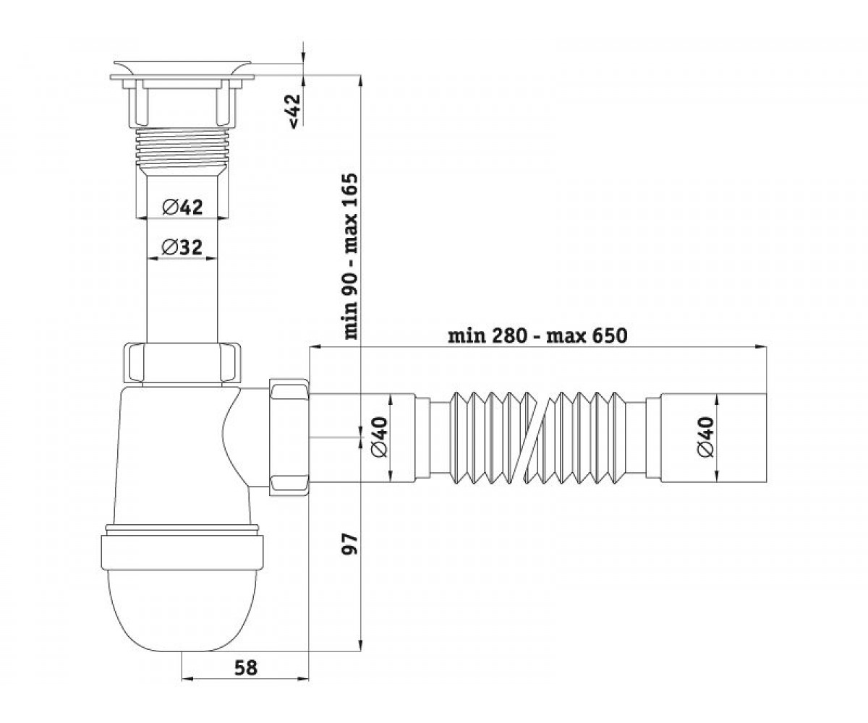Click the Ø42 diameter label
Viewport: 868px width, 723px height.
click(x=182, y=207)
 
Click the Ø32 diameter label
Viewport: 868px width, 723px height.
click(x=182, y=248)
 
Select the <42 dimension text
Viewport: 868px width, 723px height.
click(x=294, y=111)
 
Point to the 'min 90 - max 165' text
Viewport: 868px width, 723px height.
click(x=349, y=256)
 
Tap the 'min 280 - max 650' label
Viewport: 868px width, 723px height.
click(x=537, y=335)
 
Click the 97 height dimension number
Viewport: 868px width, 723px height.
click(x=349, y=544)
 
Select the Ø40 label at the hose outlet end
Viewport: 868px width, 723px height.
click(x=706, y=437)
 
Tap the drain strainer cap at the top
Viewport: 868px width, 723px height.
click(x=182, y=71)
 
